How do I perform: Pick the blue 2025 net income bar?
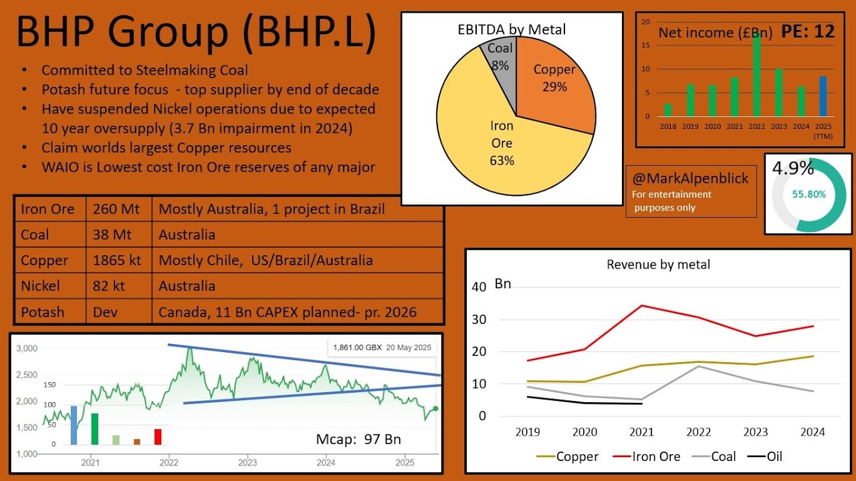[823, 96]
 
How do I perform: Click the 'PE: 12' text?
[809, 31]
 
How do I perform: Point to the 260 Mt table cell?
[118, 209]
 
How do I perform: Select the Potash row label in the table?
[43, 312]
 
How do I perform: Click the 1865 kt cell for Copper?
[118, 261]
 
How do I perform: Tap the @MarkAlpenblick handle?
[691, 178]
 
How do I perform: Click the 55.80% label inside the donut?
[809, 194]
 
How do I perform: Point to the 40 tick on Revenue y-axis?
[479, 287]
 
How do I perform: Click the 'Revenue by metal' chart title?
[658, 265]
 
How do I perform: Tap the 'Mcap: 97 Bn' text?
[358, 439]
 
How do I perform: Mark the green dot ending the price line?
[435, 408]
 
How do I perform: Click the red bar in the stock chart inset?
[158, 436]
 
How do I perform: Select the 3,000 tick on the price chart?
[27, 349]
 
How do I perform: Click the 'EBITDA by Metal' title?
[512, 29]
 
